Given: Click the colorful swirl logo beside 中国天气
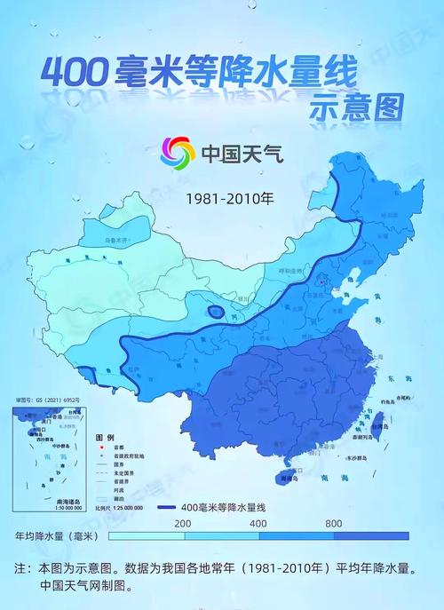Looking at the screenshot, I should point(178,153).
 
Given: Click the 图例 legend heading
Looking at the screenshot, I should point(105,439).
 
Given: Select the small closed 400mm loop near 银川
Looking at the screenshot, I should point(215,311).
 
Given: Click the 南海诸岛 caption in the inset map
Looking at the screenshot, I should point(44,500).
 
